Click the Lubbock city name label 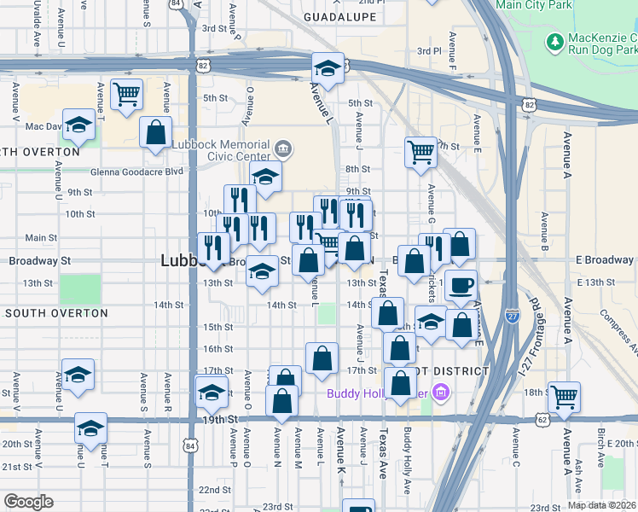coord(179,262)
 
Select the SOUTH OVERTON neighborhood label coord(56,313)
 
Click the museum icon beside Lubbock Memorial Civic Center coord(283,150)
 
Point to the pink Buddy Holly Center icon coord(440,393)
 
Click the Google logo coord(28,502)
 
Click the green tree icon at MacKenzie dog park coord(555,41)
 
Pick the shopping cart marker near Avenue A coord(564,396)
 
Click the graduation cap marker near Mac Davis coord(78,125)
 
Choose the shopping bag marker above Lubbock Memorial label coord(156,132)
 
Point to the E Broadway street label coord(604,260)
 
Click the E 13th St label coord(595,282)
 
